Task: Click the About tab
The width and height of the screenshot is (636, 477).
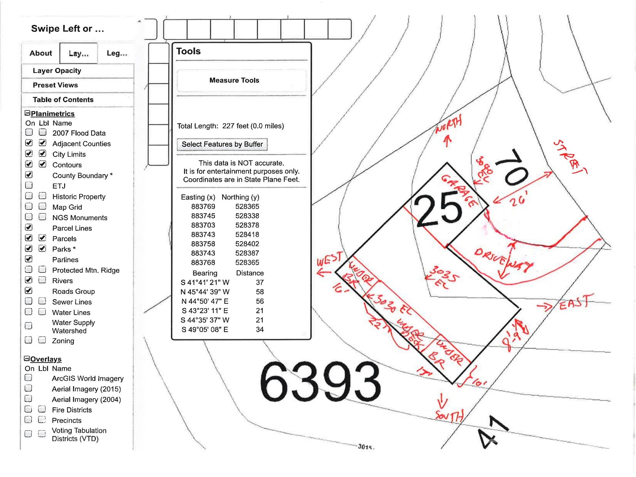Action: click(x=41, y=53)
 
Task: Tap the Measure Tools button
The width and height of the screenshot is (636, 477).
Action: click(x=234, y=80)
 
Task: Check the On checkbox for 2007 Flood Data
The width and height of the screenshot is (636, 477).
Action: click(x=29, y=133)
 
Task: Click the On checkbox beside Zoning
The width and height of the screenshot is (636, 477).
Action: click(x=29, y=340)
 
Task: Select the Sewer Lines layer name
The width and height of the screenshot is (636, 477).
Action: click(x=72, y=302)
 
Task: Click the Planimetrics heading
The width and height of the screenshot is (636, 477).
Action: click(x=52, y=114)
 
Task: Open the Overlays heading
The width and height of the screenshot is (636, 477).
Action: click(x=46, y=359)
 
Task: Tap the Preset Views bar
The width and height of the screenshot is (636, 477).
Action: click(x=55, y=85)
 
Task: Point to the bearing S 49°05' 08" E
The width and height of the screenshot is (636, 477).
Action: click(x=205, y=329)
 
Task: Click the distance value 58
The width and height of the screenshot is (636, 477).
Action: click(x=260, y=292)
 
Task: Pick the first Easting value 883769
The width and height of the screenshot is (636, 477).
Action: click(x=203, y=207)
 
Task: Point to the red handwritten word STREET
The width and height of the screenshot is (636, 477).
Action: click(x=570, y=157)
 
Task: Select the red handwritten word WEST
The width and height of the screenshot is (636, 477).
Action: click(x=329, y=260)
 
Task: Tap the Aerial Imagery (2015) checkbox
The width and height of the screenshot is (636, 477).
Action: click(x=29, y=388)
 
